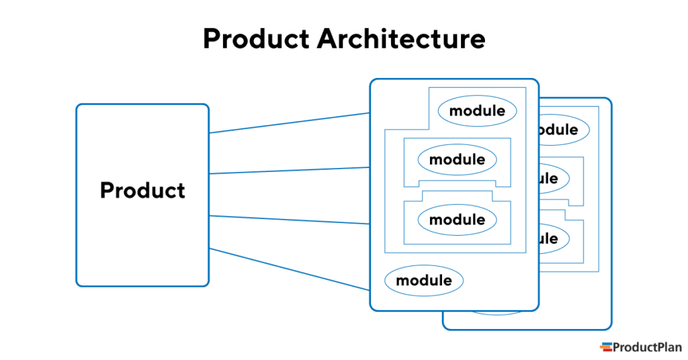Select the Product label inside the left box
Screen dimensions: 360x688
[x=142, y=191]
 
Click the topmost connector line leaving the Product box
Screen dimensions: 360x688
[x=289, y=123]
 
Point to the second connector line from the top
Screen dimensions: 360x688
[x=289, y=171]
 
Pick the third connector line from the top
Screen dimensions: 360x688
[x=289, y=220]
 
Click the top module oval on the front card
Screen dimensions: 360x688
[x=477, y=111]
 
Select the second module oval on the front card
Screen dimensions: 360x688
[x=457, y=160]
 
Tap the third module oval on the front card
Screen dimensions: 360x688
[x=457, y=220]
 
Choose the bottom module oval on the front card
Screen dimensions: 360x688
[x=424, y=281]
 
